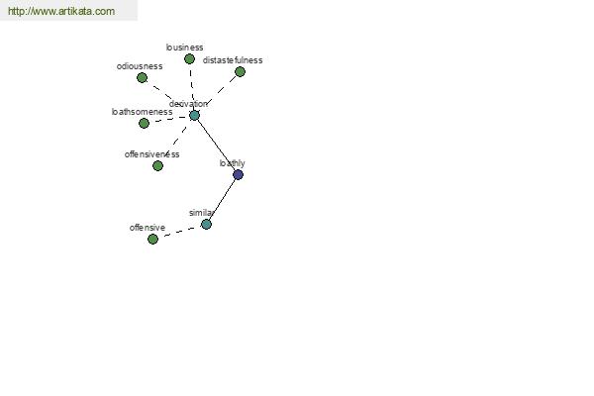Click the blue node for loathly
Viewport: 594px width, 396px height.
[238, 174]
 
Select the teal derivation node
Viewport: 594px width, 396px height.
[194, 115]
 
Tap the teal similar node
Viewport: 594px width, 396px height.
[206, 225]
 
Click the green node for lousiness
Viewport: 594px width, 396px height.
[189, 58]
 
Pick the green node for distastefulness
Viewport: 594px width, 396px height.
[240, 71]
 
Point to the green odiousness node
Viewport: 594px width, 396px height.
[142, 77]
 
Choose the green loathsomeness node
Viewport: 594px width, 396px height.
[144, 123]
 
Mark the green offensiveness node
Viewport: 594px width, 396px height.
[157, 165]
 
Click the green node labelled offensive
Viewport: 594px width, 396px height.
[152, 240]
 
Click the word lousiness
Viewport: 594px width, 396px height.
[184, 48]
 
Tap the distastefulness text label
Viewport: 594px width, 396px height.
[233, 60]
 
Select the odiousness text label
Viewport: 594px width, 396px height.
[140, 66]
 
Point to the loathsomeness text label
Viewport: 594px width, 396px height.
[142, 112]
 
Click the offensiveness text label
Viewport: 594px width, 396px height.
[151, 154]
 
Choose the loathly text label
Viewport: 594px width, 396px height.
[233, 163]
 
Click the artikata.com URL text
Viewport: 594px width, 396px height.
[61, 11]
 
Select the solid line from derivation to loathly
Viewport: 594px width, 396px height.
[216, 145]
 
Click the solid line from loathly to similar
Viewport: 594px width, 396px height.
[222, 199]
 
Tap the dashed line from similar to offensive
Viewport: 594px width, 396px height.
[179, 232]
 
